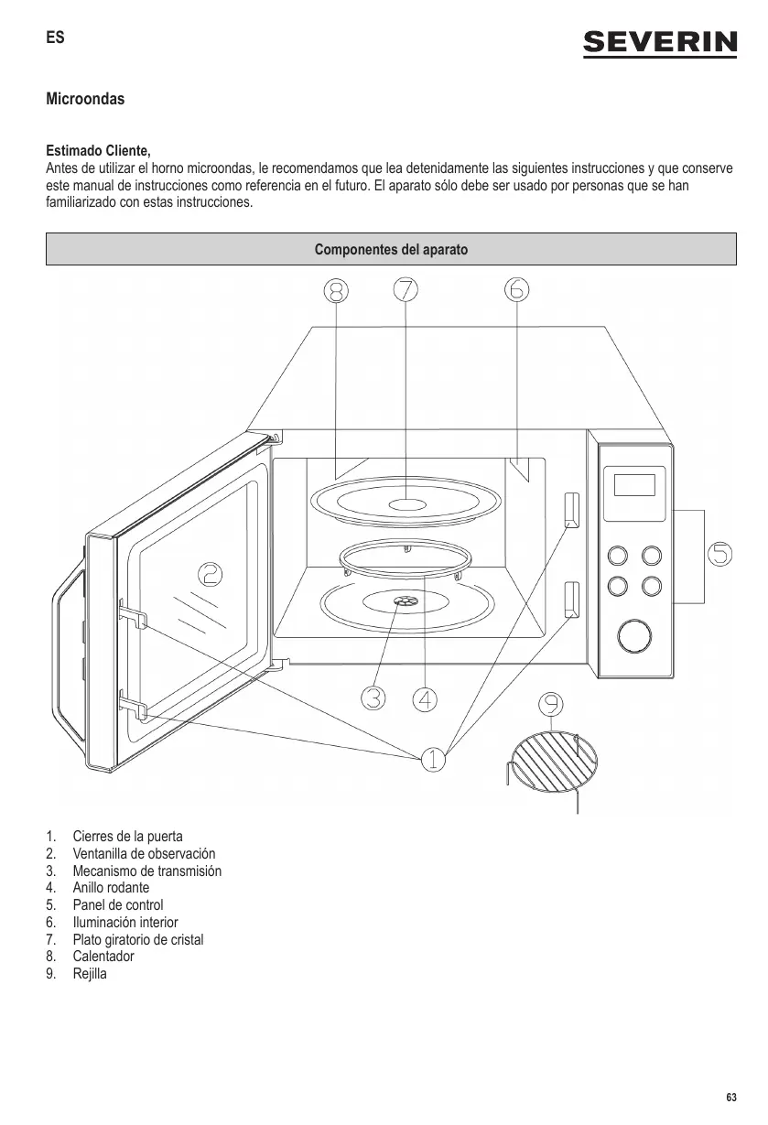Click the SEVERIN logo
(x=660, y=43)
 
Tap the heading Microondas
(x=85, y=98)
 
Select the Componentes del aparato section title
(x=391, y=249)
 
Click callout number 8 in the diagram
(x=336, y=290)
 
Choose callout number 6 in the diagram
(x=516, y=289)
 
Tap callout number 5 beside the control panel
(x=720, y=555)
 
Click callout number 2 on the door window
(x=211, y=574)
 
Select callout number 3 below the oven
(x=373, y=698)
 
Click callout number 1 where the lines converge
(x=433, y=759)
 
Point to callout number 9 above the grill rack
(x=550, y=705)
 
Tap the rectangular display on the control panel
(x=634, y=484)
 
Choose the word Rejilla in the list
(x=90, y=973)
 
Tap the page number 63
(x=730, y=1098)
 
